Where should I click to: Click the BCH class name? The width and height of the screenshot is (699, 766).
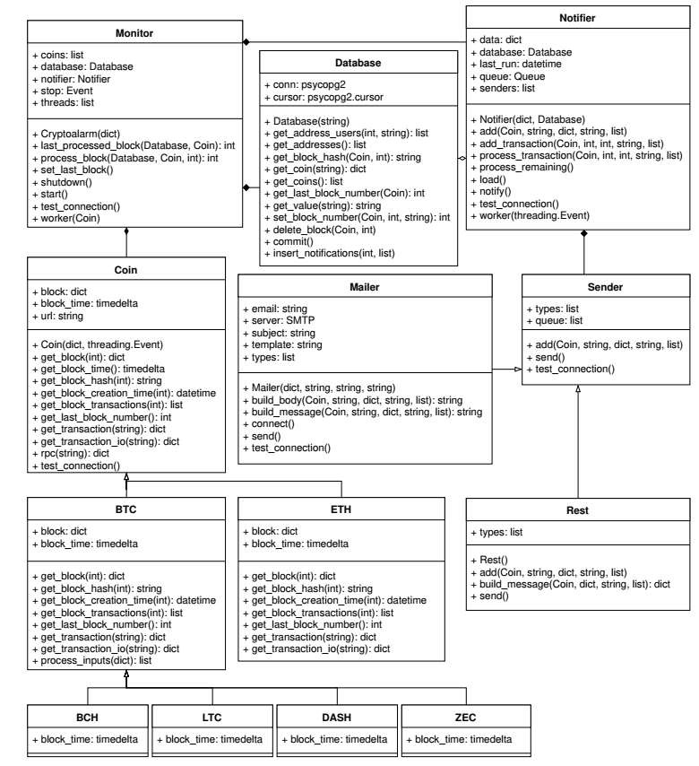86,717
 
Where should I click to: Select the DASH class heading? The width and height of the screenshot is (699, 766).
335,717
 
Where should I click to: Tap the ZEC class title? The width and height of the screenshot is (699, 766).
460,717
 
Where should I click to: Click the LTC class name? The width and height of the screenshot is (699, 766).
211,717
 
